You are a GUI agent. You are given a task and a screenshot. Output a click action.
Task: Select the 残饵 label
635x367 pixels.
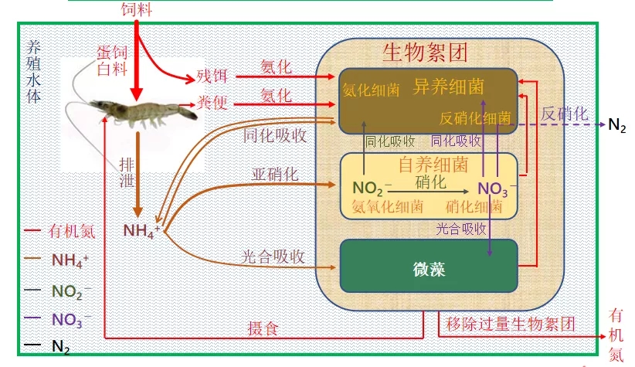[x=211, y=76]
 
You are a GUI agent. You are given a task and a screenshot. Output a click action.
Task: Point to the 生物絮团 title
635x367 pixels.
[x=425, y=53]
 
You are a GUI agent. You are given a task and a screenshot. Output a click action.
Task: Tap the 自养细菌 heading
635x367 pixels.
[x=433, y=165]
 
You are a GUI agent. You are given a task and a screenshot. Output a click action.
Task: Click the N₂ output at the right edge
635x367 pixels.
[x=617, y=125]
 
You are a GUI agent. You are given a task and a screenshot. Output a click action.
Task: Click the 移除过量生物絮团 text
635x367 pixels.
[x=511, y=323]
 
